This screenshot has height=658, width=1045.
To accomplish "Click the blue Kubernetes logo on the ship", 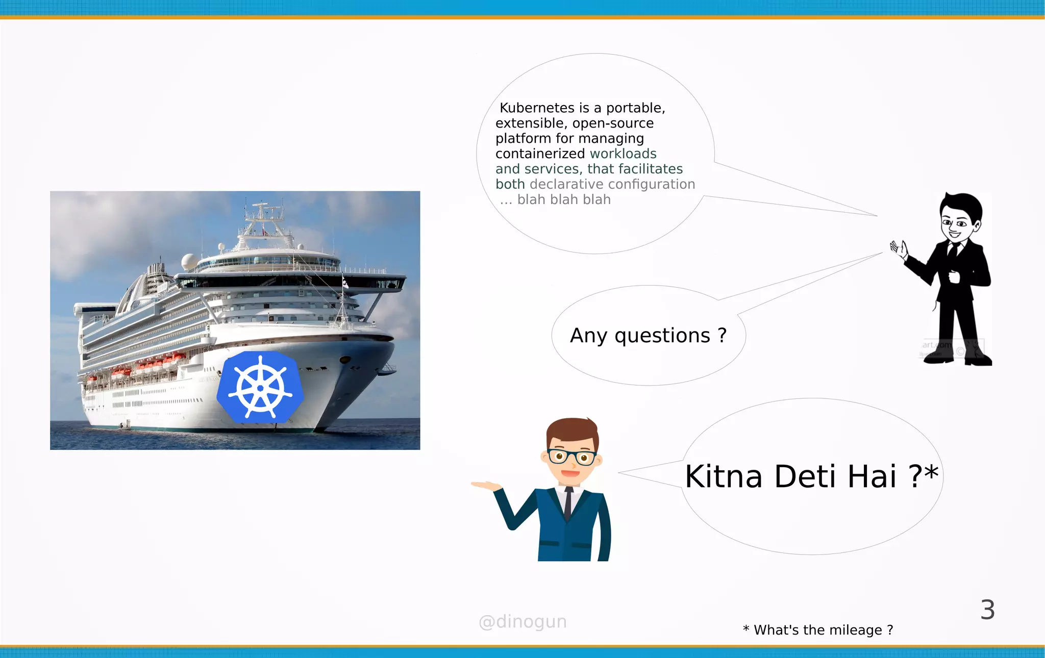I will pos(260,388).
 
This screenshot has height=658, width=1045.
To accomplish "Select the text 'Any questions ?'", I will pos(648,336).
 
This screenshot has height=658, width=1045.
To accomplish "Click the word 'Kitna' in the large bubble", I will pos(724,476).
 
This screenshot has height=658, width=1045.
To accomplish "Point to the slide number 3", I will pos(987,610).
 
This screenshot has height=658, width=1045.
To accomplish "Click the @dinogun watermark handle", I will pos(522,621).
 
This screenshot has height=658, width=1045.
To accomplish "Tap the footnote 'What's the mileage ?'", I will pos(823,630).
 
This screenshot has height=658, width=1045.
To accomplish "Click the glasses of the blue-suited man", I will pos(571,457).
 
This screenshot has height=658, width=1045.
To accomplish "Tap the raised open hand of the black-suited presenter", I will pos(899,249).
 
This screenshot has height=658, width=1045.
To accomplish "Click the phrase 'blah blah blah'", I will pos(564,199).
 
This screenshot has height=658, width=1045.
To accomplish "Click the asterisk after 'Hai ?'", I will pos(931,472).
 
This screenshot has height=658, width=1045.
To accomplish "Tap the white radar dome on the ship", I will pos(189,262).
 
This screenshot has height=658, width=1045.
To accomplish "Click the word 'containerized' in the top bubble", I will pos(540,154).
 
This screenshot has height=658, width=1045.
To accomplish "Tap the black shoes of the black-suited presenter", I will pos(959,360).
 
